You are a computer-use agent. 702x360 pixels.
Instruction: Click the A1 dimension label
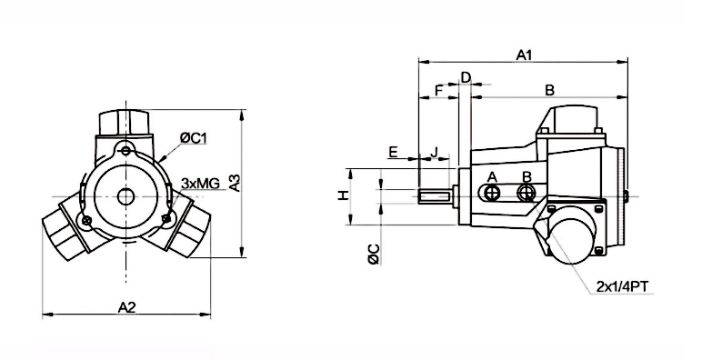524,55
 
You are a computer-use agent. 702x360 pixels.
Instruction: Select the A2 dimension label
126,307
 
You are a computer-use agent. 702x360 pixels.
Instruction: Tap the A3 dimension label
235,183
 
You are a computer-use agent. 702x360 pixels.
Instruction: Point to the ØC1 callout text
194,138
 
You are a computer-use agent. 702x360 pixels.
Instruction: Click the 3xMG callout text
200,183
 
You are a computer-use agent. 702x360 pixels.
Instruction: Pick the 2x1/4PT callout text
622,286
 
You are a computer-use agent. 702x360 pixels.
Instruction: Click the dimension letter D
466,77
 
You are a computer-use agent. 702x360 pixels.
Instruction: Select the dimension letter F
438,90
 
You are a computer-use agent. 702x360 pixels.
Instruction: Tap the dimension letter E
393,152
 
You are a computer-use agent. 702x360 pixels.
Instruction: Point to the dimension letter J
434,152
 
